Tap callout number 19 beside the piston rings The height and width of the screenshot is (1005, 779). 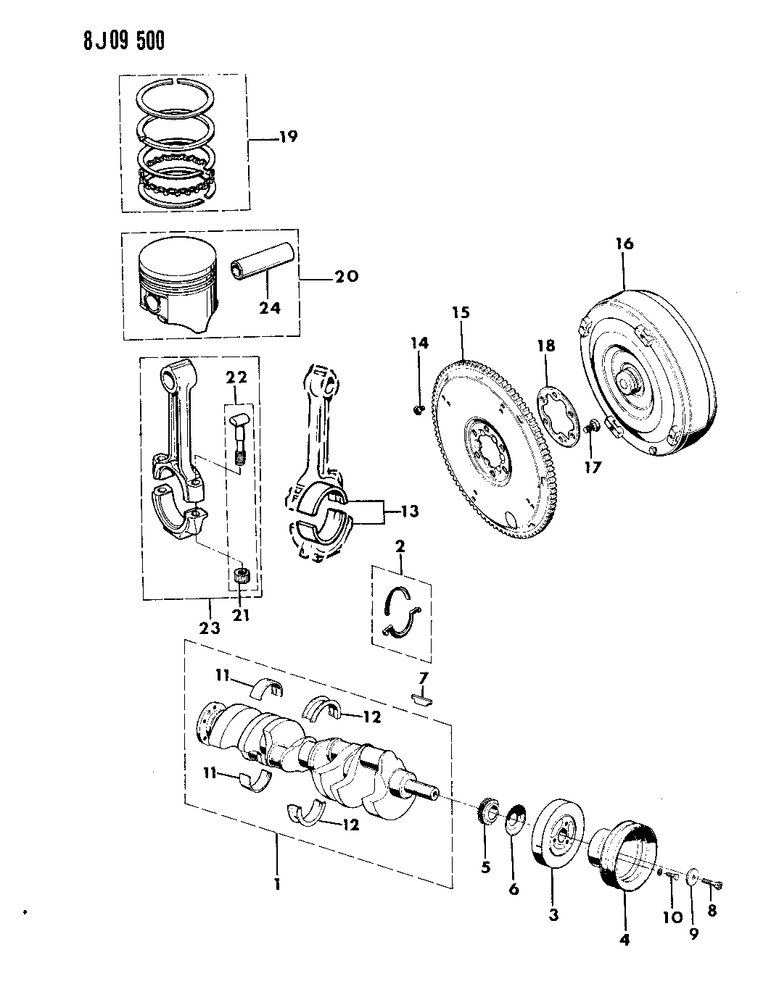click(288, 137)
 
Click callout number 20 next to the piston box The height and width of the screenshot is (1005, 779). click(347, 276)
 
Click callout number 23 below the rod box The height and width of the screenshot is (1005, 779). click(210, 628)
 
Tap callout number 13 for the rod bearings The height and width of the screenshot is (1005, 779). click(409, 512)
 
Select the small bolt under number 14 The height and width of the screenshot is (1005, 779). click(418, 411)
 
